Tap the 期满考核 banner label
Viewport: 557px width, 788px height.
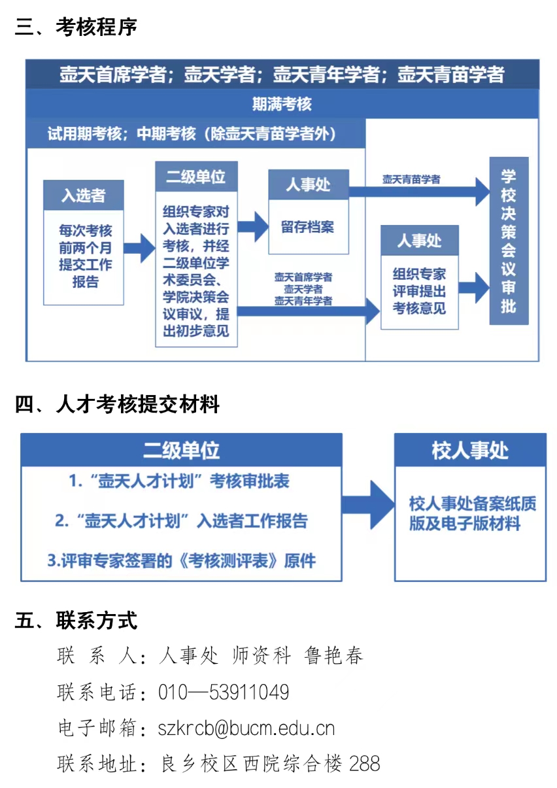282,103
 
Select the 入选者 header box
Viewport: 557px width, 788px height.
84,195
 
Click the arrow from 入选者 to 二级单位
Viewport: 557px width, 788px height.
139,247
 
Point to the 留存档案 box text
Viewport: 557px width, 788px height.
308,227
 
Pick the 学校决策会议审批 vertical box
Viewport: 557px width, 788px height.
509,241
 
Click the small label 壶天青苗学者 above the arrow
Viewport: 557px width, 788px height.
411,179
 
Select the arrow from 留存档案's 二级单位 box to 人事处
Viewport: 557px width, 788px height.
252,227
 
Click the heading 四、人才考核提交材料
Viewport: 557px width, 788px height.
118,405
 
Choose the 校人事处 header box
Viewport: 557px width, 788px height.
470,450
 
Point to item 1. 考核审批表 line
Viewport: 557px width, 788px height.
179,482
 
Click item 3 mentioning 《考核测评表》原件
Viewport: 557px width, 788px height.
181,561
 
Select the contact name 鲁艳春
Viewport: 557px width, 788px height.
333,655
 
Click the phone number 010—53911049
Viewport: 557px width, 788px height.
224,692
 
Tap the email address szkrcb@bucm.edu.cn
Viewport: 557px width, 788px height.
246,727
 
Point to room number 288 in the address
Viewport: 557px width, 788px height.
365,763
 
